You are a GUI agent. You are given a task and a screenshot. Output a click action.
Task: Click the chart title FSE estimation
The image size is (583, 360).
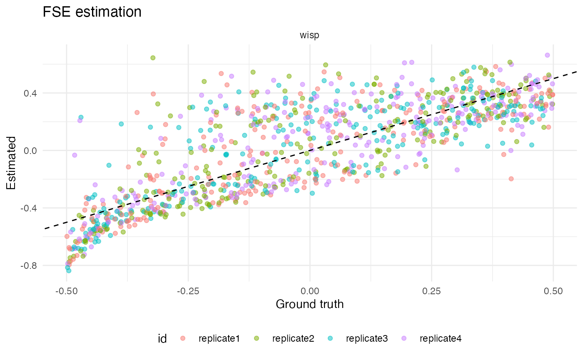pos(92,12)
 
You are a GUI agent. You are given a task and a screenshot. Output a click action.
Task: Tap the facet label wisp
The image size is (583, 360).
pos(309,36)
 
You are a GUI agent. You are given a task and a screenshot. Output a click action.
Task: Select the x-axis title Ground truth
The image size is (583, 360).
pos(309,304)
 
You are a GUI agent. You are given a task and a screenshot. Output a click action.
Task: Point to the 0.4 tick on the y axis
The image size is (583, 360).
pos(32,93)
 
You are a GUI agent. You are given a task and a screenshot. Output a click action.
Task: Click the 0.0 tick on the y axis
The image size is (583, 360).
pos(32,150)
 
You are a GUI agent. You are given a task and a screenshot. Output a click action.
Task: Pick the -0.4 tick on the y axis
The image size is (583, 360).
pos(30,208)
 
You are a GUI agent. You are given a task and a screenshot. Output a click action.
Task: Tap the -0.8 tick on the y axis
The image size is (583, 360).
pos(30,265)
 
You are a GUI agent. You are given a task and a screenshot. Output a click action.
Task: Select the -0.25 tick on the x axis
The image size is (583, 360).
pos(188,289)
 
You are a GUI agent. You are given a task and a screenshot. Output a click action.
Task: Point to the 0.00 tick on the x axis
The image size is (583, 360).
pos(310,289)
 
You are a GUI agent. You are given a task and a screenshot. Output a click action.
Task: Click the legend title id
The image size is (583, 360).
pos(162,338)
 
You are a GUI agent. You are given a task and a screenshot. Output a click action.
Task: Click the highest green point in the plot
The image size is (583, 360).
pos(153,58)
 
